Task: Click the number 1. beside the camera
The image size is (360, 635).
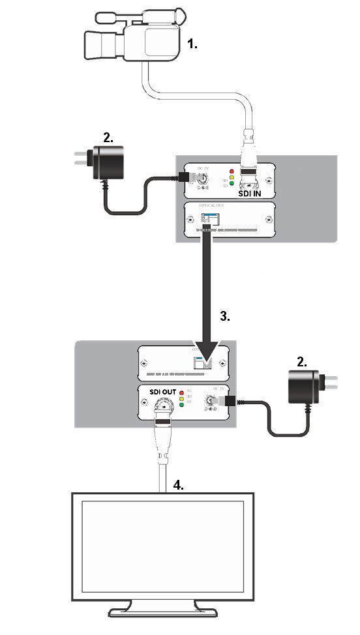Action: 192,44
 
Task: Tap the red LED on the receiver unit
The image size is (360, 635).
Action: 181,391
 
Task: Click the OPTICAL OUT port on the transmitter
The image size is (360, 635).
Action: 208,220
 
